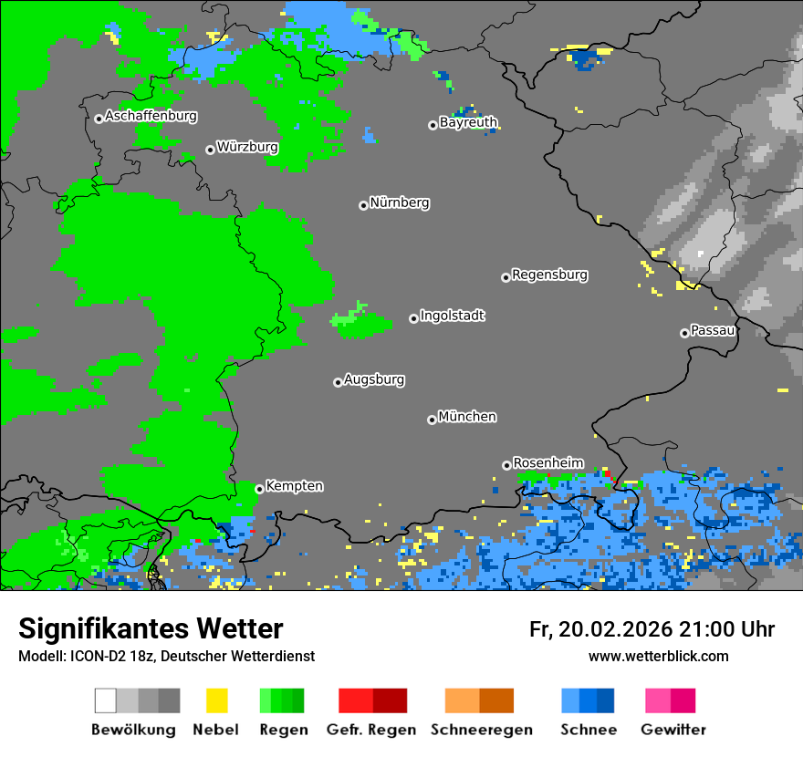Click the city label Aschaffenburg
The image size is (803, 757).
(151, 117)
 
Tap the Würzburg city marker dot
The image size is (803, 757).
(210, 150)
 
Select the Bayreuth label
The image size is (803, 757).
(468, 122)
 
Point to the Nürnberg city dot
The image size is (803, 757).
(363, 205)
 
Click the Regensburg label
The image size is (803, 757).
(549, 275)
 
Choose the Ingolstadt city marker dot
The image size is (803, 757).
(413, 318)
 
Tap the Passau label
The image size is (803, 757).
(713, 330)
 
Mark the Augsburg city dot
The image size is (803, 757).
(338, 382)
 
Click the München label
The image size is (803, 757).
(467, 417)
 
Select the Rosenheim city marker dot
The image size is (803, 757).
(506, 465)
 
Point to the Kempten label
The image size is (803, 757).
(294, 486)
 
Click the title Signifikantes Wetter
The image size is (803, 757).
(151, 628)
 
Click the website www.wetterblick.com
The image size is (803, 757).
(658, 656)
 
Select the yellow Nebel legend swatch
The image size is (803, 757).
(216, 700)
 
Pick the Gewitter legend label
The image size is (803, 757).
(673, 730)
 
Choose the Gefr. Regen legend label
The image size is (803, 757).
(371, 730)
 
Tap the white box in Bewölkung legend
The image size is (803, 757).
(106, 700)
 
